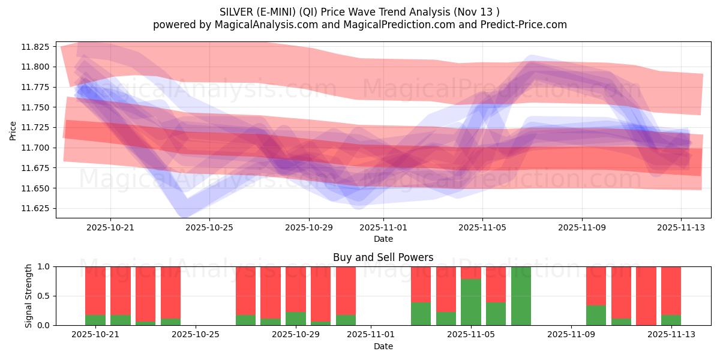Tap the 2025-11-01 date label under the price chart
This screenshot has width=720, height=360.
pyautogui.click(x=383, y=227)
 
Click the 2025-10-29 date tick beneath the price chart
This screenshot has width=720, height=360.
pyautogui.click(x=309, y=227)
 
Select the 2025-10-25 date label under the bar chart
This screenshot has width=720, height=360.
pyautogui.click(x=196, y=334)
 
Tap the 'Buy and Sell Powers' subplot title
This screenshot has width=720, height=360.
pyautogui.click(x=383, y=257)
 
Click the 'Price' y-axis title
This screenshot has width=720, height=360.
pyautogui.click(x=13, y=130)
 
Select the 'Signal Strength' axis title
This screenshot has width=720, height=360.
pyautogui.click(x=28, y=296)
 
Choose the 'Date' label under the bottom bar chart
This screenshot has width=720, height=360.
pyautogui.click(x=383, y=346)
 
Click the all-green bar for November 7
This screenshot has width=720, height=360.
pyautogui.click(x=521, y=296)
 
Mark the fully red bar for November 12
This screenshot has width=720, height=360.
pyautogui.click(x=646, y=296)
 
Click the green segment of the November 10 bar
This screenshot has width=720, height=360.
pyautogui.click(x=596, y=315)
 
